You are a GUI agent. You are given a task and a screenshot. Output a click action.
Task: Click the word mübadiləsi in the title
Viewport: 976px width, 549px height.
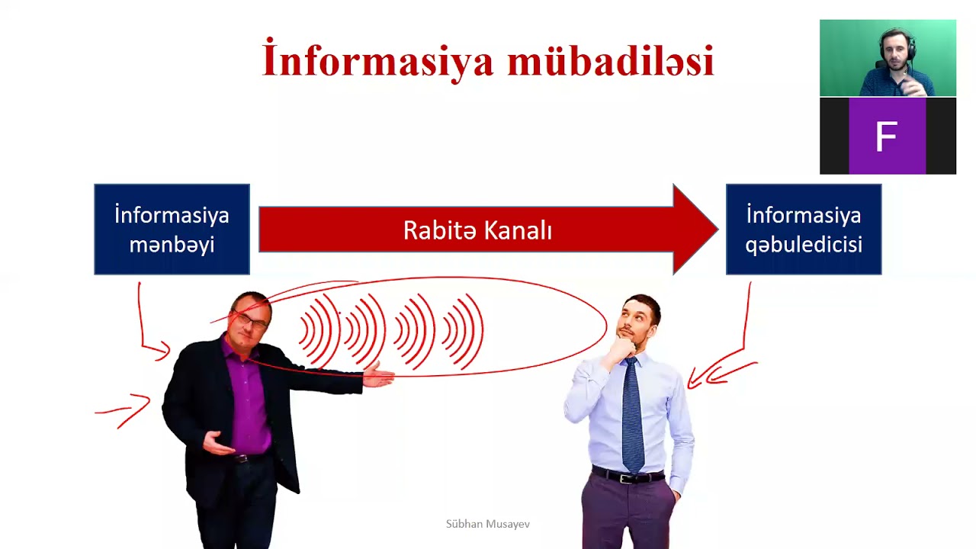[610, 61]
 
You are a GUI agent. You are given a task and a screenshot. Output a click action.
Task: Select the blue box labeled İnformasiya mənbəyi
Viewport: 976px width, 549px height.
[172, 229]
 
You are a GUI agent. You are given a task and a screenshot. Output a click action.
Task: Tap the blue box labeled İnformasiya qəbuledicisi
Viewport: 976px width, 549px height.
[803, 229]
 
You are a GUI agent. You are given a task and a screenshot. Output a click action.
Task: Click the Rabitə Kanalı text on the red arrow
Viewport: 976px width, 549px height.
[477, 230]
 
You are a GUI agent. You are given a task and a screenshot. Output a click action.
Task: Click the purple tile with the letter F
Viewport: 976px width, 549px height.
[887, 136]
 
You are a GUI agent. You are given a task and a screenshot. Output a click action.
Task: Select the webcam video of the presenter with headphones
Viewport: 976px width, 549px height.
[888, 58]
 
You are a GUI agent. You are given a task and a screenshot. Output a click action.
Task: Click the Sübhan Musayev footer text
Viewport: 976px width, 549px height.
[487, 524]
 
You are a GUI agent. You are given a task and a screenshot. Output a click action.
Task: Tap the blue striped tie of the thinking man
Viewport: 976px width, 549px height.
[632, 416]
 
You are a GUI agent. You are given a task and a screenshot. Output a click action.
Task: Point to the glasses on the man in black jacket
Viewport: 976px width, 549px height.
[252, 320]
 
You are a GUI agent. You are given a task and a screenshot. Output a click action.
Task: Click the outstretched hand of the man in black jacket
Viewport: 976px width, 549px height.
[378, 375]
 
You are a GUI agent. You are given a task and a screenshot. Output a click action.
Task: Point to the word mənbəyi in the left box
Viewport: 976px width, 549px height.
[172, 245]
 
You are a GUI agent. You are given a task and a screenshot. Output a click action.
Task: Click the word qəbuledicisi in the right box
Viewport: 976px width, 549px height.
[803, 245]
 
